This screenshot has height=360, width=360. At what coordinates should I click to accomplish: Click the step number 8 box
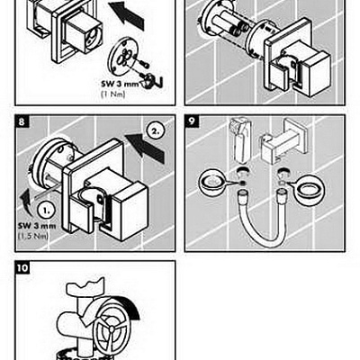22,121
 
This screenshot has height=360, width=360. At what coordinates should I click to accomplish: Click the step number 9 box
191,121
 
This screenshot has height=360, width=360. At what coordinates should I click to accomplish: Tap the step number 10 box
22,267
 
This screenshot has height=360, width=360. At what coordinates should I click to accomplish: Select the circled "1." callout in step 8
46,210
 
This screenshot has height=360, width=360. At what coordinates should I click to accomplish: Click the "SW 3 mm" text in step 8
37,226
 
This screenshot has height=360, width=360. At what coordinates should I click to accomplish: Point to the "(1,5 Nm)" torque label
33,236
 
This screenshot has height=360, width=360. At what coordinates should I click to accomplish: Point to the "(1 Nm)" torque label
112,94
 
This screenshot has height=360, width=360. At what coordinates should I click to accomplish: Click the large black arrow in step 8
146,148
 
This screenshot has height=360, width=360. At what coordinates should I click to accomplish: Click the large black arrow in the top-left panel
126,15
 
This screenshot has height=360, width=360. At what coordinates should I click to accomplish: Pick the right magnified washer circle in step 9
309,189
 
